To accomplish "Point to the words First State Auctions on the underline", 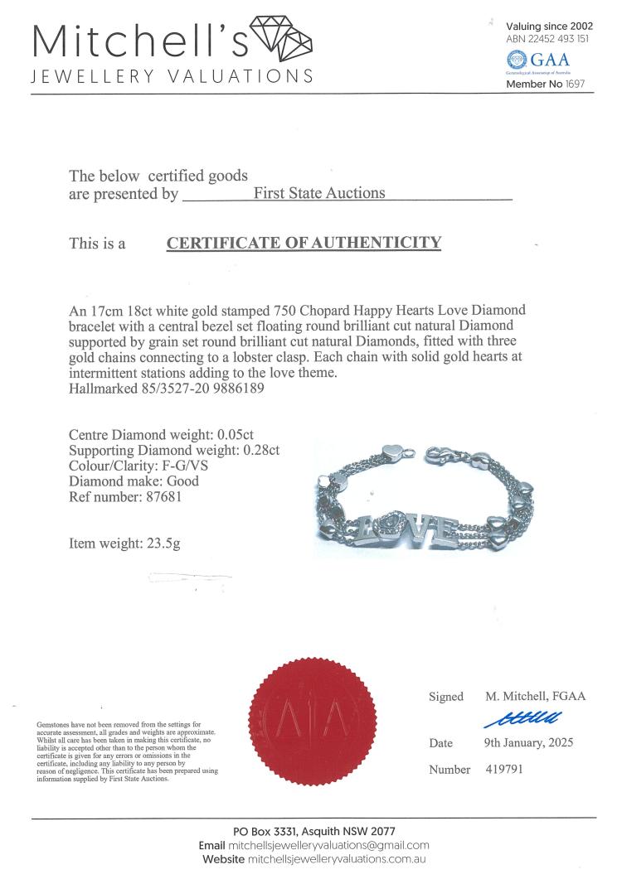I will click(319, 193).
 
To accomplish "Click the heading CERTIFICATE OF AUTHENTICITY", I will click(304, 244).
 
